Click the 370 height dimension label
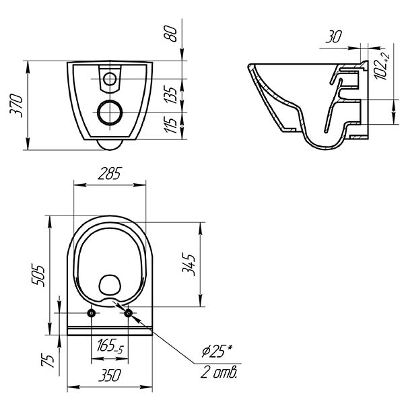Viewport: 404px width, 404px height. [x=16, y=106]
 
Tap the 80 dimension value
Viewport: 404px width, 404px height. [x=170, y=34]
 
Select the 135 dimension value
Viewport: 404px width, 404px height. [x=170, y=95]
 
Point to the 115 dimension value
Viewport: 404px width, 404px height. [x=170, y=125]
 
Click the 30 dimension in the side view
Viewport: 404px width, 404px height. [x=334, y=37]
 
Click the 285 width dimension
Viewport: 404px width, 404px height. [x=110, y=174]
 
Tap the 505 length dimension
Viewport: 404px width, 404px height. [x=38, y=275]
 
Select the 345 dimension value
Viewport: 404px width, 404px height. [x=189, y=265]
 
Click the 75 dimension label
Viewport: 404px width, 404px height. [x=48, y=360]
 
